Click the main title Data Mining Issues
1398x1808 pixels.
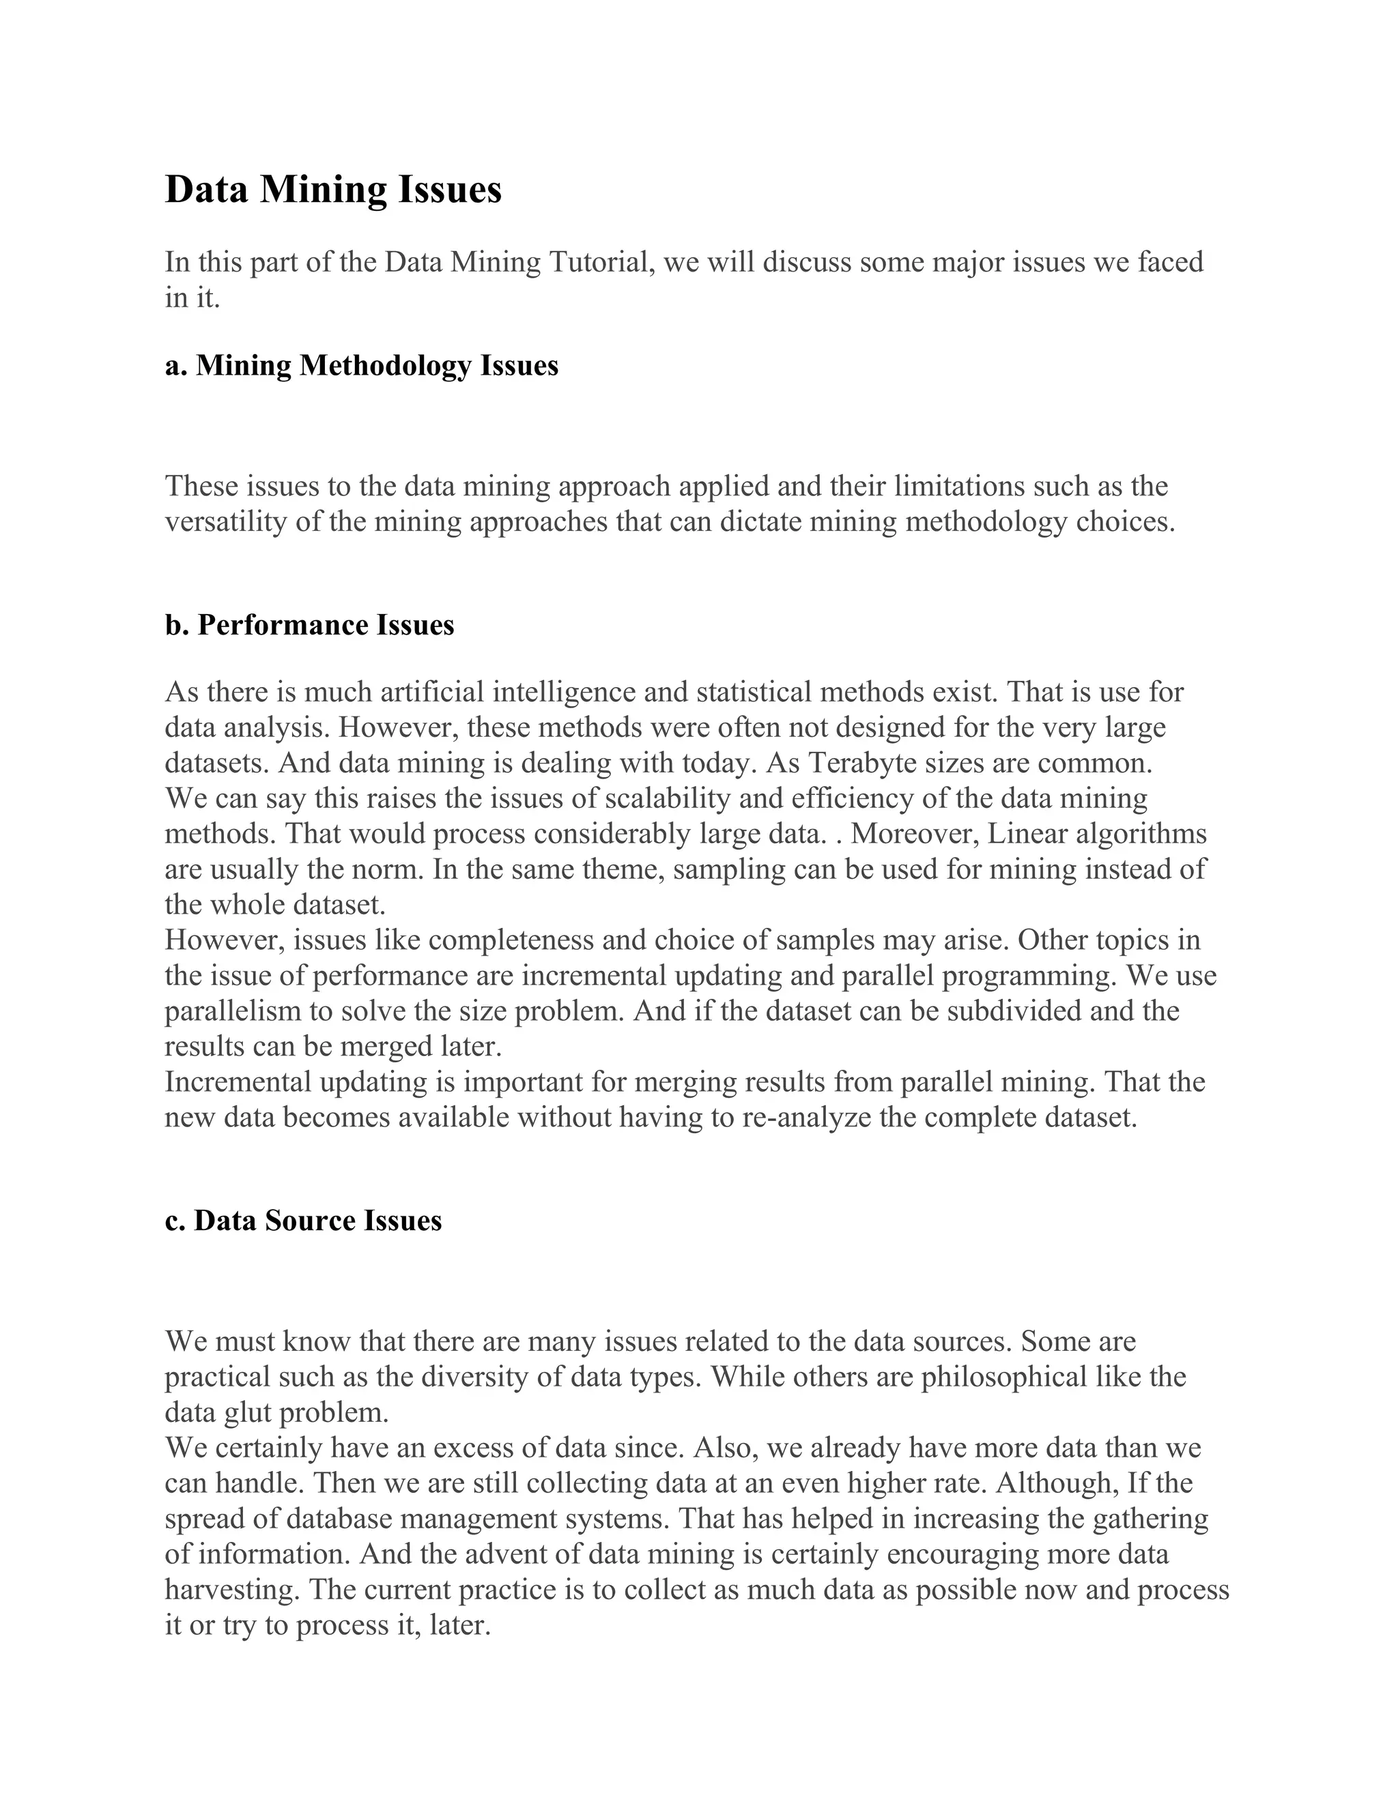point(333,190)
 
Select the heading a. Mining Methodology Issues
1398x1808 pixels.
point(361,365)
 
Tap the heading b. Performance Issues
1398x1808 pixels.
point(310,625)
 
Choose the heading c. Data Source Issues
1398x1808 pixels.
point(303,1221)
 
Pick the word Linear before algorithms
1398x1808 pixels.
point(1028,834)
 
